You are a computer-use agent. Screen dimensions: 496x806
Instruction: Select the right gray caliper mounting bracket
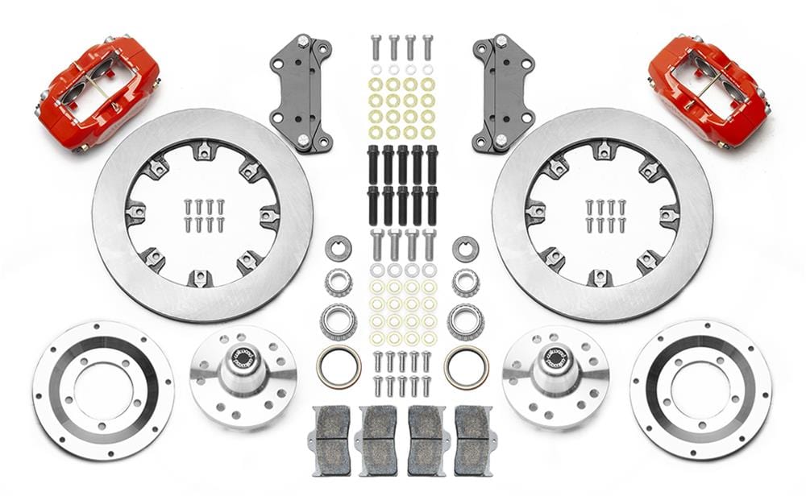tap(505, 93)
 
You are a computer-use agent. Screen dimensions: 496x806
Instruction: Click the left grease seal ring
tap(339, 367)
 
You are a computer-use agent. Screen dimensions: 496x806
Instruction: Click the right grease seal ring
tap(466, 367)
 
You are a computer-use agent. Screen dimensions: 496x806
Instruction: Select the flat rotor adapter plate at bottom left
tap(103, 391)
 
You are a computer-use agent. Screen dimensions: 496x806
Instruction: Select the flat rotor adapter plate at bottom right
tap(700, 391)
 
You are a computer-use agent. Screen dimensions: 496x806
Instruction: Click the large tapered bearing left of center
tap(339, 322)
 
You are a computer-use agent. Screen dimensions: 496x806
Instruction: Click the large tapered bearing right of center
tap(466, 322)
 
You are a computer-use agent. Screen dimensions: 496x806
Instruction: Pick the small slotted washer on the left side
tap(339, 248)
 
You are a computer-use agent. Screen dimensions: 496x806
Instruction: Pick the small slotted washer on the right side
tap(466, 248)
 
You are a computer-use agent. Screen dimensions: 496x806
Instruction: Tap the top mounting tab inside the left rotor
tap(202, 150)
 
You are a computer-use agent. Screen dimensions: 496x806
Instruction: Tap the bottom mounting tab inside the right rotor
tap(602, 278)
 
